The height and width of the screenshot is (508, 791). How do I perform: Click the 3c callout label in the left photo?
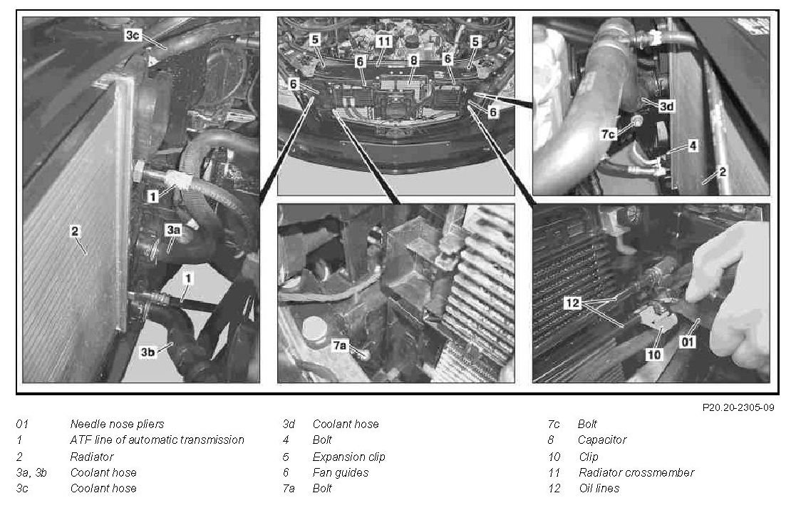coord(132,35)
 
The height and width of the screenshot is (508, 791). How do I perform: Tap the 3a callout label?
coord(173,230)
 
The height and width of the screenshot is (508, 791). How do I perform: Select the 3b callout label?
coord(148,352)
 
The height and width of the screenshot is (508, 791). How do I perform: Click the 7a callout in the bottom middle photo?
coord(339,345)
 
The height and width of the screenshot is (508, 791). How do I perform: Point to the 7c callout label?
coord(608,134)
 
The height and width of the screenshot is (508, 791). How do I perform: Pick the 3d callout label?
coord(666,106)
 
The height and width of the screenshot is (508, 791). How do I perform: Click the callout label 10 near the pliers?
coord(653,355)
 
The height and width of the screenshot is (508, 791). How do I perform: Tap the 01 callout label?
coord(688,342)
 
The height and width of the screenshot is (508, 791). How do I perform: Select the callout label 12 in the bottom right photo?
coord(572,303)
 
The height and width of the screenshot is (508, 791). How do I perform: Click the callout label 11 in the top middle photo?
coord(384,41)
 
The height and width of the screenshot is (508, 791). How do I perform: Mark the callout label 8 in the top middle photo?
coord(413,60)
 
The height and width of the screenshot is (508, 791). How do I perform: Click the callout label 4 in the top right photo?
coord(693,146)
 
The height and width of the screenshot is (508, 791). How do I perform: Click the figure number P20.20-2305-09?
coord(738,407)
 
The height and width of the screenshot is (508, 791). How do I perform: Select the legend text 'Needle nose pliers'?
coord(117,425)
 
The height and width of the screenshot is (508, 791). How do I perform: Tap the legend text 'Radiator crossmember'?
coord(636,472)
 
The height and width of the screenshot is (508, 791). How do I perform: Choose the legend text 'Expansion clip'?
coord(348,457)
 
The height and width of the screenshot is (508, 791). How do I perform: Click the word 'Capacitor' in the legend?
coord(602,440)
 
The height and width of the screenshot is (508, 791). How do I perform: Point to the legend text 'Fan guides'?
coord(341,472)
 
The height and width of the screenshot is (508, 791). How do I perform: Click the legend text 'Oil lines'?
coord(599,488)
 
